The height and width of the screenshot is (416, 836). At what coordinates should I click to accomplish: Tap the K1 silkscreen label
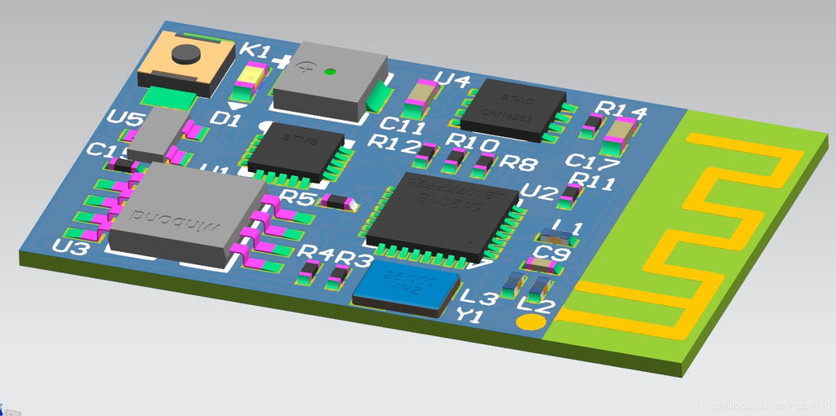(255, 51)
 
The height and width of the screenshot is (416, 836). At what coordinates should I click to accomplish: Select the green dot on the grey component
(330, 71)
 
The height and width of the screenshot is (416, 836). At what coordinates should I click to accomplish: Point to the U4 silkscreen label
(452, 80)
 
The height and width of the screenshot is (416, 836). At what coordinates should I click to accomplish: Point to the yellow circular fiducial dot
(531, 321)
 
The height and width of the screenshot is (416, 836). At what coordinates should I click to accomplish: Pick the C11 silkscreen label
(402, 126)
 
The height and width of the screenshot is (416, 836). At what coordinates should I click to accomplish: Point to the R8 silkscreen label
(518, 162)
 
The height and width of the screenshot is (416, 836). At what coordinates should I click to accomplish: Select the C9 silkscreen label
(552, 254)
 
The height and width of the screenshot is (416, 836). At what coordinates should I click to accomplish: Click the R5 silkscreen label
(296, 198)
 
